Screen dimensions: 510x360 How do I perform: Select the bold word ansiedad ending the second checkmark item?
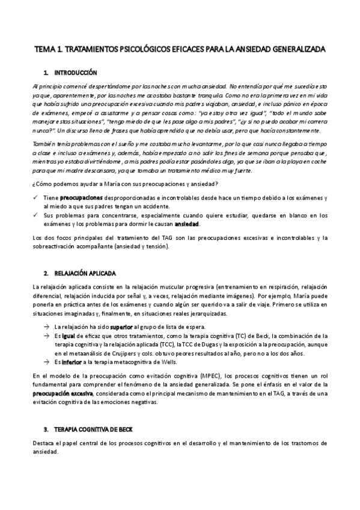pyautogui.click(x=186, y=224)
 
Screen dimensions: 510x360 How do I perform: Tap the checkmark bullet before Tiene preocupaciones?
pyautogui.click(x=37, y=197)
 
